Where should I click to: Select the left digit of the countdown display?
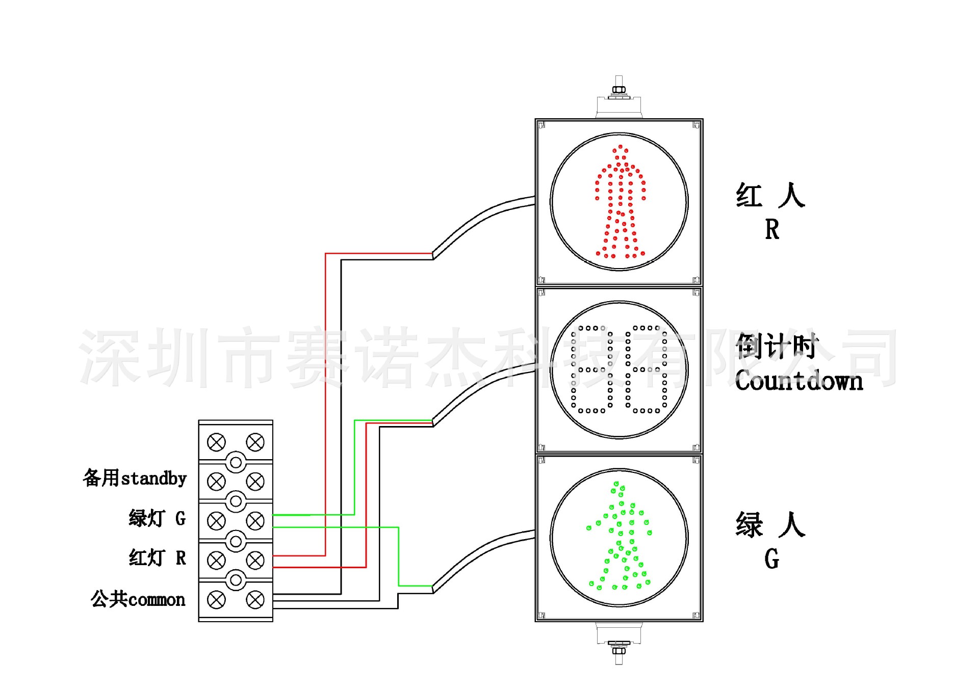tap(591, 369)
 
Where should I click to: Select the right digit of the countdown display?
tap(647, 369)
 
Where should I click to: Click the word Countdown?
tap(798, 381)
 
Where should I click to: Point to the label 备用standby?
tap(135, 479)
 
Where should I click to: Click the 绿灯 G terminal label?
tap(157, 518)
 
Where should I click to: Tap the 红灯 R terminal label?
tap(157, 557)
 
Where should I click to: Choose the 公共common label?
tap(138, 599)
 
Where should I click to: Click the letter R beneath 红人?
tap(772, 229)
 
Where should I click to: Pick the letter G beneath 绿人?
tap(772, 559)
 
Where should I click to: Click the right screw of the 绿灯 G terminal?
tap(255, 521)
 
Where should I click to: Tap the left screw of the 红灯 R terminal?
tap(216, 560)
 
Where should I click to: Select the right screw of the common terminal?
tap(255, 600)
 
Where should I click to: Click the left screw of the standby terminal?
tap(216, 481)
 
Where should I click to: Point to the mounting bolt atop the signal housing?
tap(619, 90)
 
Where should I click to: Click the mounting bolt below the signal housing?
tap(619, 650)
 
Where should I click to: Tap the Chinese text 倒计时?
tap(776, 347)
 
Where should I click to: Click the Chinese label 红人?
tap(770, 196)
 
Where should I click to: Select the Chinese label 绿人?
tap(770, 525)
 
